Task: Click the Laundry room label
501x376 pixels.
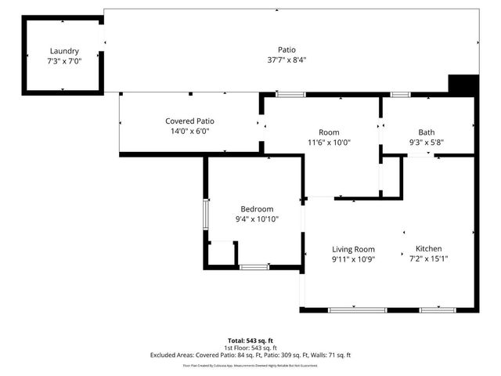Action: pyautogui.click(x=64, y=51)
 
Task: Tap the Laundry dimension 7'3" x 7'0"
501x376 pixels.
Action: pyautogui.click(x=64, y=60)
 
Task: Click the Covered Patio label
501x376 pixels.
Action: pyautogui.click(x=189, y=121)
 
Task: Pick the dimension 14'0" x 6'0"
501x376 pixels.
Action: pyautogui.click(x=189, y=131)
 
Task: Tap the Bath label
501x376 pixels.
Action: pyautogui.click(x=427, y=132)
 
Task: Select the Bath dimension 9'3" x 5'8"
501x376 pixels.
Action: pyautogui.click(x=427, y=143)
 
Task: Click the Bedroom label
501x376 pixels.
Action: pyautogui.click(x=257, y=209)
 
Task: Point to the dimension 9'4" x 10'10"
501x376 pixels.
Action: pyautogui.click(x=257, y=219)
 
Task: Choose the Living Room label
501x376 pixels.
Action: pyautogui.click(x=353, y=249)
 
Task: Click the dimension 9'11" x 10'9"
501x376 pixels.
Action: pyautogui.click(x=353, y=259)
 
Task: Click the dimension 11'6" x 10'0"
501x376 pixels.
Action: pyautogui.click(x=329, y=143)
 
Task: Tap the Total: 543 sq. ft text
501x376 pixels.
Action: pyautogui.click(x=250, y=341)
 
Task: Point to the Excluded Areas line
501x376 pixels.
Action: pyautogui.click(x=250, y=355)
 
